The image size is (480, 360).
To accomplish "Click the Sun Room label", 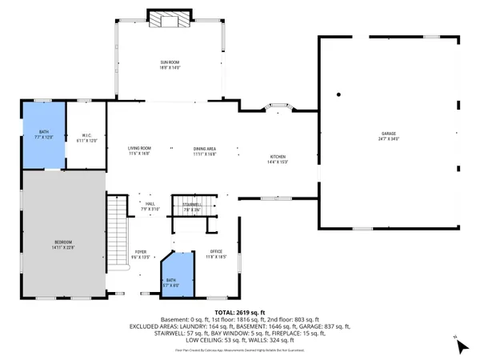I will (168, 64).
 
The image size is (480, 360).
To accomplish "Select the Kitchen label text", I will (278, 158).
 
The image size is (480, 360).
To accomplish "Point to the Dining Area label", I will (205, 150).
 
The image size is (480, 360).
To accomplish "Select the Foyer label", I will (140, 253).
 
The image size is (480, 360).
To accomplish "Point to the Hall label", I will (150, 206).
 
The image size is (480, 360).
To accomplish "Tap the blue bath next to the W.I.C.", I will (44, 135).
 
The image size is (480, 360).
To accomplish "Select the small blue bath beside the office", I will (179, 276).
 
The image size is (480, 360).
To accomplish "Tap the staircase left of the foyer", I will (118, 232).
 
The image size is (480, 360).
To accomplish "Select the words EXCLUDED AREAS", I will (162, 326).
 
